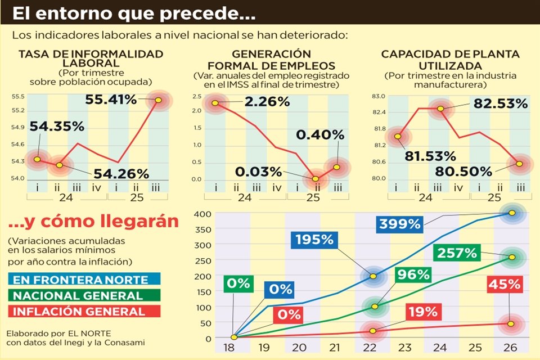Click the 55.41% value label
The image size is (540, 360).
pos(112,100)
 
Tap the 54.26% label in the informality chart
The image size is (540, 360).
pos(121,174)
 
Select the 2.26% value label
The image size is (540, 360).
pos(267,102)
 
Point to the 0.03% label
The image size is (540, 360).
pos(259,171)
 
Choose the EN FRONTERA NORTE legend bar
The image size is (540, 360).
pos(84,279)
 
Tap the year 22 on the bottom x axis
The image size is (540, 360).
pos(372,348)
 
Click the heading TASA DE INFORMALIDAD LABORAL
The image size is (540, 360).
pos(91,58)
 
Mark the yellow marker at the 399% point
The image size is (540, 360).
pos(512,213)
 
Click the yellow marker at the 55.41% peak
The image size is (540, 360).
pos(158,100)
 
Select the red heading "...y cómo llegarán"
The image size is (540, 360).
pos(93,221)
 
